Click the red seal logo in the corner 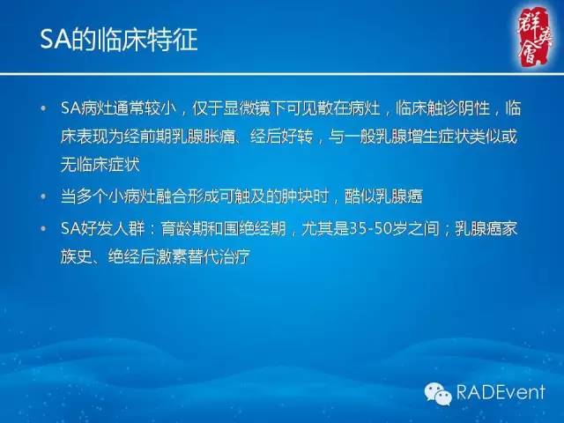tap(526, 33)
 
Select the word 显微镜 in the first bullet tap(248, 109)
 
